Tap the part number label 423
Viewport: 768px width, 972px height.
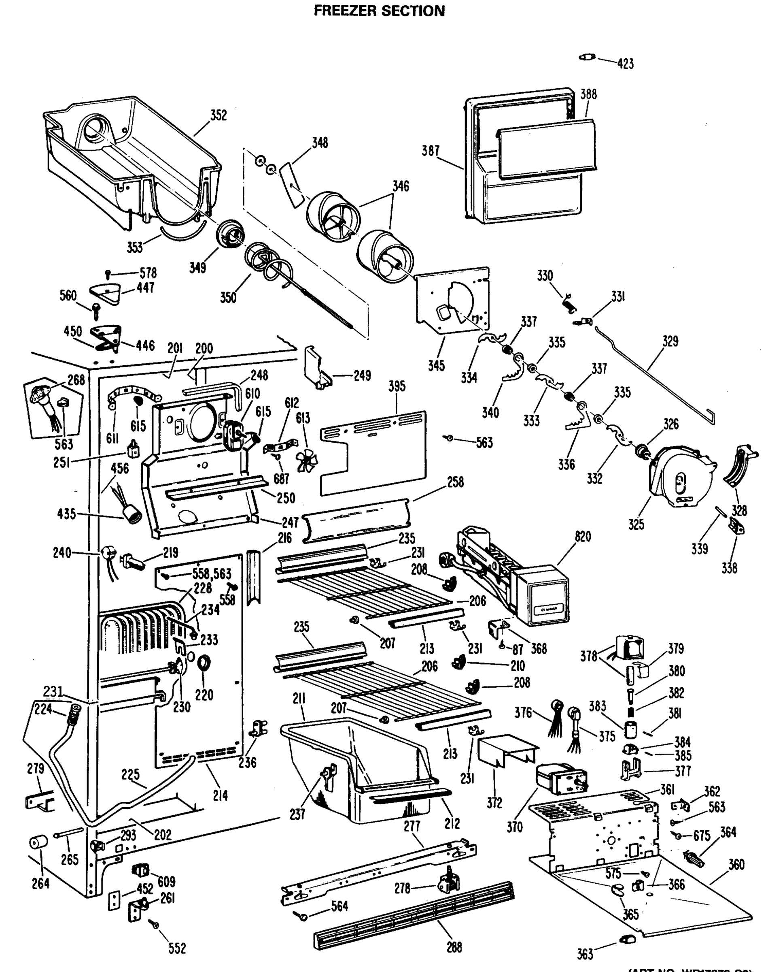626,64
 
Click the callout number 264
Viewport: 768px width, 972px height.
40,883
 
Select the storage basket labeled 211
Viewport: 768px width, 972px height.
355,765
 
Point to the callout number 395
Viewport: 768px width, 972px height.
397,386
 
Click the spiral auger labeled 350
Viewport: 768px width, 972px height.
270,266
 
